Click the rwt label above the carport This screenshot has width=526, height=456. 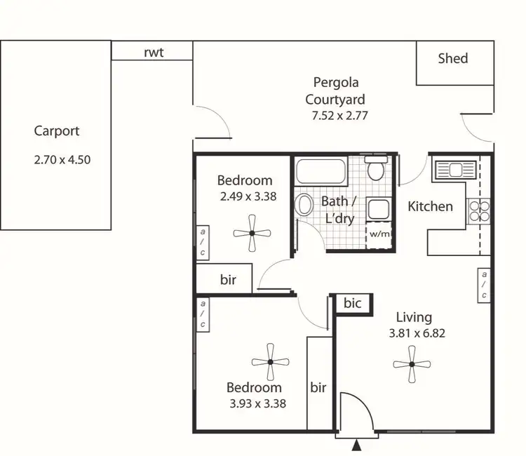pyautogui.click(x=154, y=53)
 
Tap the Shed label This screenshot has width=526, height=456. pyautogui.click(x=452, y=58)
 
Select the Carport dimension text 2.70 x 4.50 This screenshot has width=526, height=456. pyautogui.click(x=62, y=159)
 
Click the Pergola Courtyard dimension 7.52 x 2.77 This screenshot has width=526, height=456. pyautogui.click(x=339, y=116)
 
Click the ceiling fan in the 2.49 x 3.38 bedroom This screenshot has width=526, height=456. pyautogui.click(x=252, y=234)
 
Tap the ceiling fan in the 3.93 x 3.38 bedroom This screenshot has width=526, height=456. pyautogui.click(x=271, y=362)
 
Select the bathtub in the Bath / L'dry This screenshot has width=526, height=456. pyautogui.click(x=320, y=171)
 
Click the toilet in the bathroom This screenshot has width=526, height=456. pyautogui.click(x=376, y=168)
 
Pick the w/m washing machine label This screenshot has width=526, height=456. pyautogui.click(x=379, y=234)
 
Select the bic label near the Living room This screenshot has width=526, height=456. pyautogui.click(x=352, y=303)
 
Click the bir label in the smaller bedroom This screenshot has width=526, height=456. pyautogui.click(x=228, y=280)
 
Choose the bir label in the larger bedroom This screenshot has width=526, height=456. pyautogui.click(x=318, y=387)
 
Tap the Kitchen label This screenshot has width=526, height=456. pyautogui.click(x=430, y=206)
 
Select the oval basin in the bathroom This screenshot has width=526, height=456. pyautogui.click(x=305, y=204)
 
